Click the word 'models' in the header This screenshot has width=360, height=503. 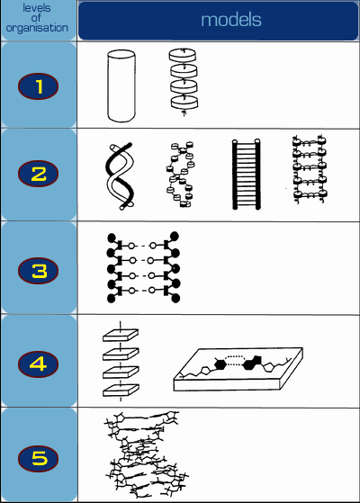point(231,20)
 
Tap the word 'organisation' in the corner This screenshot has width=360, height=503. point(37,28)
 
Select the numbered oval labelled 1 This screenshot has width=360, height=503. point(38,86)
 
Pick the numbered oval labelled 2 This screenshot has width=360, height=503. point(38,174)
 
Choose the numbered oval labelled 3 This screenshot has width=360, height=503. point(38,271)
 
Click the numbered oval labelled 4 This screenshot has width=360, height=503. point(38,364)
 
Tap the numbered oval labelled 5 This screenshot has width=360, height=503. point(38,458)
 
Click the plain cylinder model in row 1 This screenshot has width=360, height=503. point(121,86)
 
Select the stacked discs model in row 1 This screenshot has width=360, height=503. point(184,82)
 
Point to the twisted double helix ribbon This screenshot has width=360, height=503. point(120,176)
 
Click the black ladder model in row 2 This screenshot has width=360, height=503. point(246,175)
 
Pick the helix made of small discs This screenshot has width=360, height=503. point(180,175)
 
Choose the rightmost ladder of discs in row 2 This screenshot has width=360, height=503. point(310,170)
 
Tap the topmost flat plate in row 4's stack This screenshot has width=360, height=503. point(121,335)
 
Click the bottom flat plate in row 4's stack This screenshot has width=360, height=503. point(121,391)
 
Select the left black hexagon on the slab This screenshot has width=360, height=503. point(220,364)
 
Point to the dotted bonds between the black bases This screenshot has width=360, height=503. point(235,360)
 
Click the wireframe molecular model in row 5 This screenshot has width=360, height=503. point(146,454)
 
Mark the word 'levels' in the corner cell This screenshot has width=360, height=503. point(37,8)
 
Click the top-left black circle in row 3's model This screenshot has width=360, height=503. point(111,238)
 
